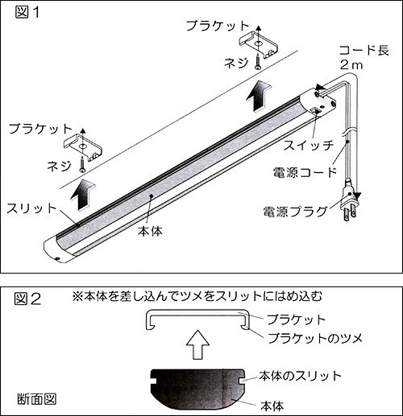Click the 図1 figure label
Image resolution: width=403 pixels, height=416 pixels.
[26, 14]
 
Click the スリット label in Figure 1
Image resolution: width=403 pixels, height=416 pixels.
[33, 208]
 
